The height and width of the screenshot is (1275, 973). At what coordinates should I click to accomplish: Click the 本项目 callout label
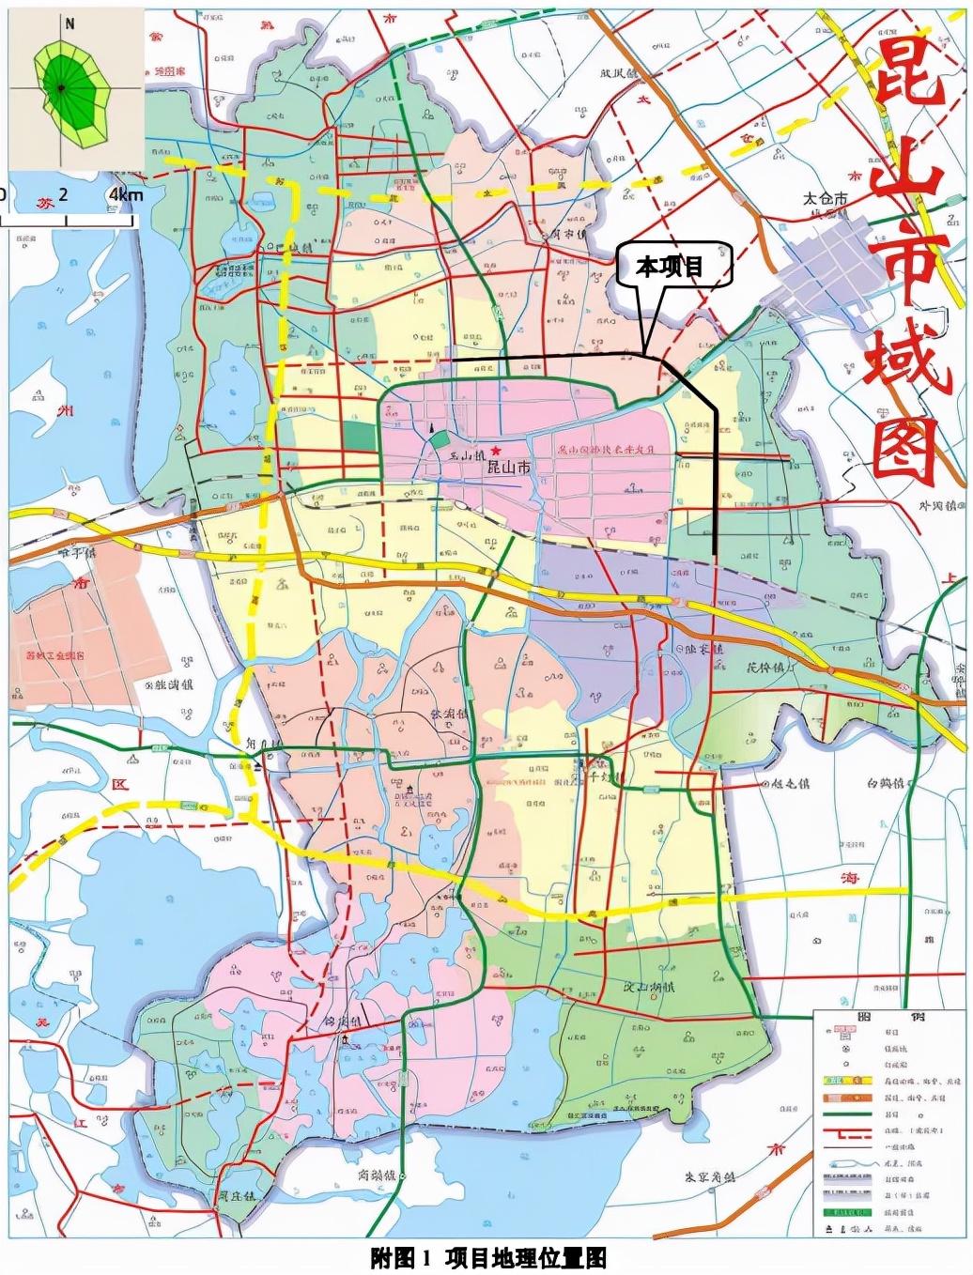670,267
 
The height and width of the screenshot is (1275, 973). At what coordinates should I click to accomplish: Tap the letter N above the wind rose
69,24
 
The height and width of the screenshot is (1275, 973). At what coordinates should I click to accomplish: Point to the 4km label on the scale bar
126,195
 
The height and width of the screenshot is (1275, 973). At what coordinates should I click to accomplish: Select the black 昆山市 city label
508,467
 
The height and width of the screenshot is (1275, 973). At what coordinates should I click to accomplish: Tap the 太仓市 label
825,198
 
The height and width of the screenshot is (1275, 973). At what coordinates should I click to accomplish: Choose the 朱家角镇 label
710,1176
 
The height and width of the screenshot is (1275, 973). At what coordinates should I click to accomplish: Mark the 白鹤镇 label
885,783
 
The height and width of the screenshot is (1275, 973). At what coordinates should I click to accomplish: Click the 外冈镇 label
936,506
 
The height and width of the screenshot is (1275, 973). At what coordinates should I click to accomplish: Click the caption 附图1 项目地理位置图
487,1258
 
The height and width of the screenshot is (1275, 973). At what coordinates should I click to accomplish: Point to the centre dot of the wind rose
60,88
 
